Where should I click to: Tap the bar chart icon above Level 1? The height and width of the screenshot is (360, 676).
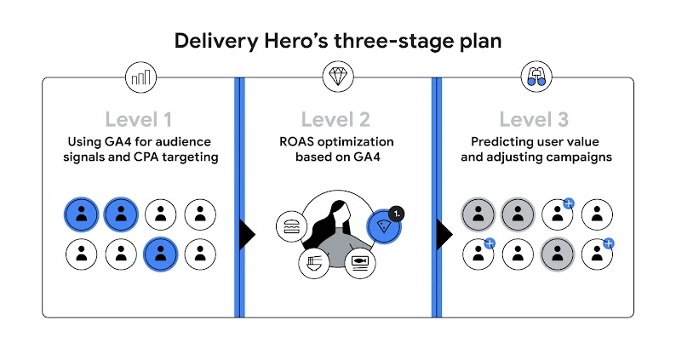140,78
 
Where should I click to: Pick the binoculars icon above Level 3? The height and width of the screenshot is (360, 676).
536,78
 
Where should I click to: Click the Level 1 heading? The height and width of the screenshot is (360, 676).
140,119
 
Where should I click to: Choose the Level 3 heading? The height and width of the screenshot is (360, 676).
536,119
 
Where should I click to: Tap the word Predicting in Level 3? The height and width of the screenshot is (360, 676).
503,141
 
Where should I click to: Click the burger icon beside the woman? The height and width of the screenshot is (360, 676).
289,226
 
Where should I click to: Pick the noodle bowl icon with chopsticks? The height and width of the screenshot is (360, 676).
312,263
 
